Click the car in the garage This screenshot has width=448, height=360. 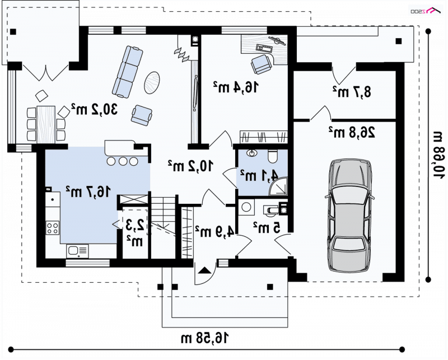[350, 216]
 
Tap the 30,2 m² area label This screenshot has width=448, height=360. [94, 109]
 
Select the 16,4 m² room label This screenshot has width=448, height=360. [236, 87]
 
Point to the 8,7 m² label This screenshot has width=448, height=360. [352, 92]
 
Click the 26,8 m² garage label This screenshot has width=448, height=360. [352, 132]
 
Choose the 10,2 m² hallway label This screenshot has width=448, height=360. [190, 166]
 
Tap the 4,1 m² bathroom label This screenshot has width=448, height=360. [259, 175]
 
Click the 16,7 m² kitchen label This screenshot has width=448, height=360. [88, 191]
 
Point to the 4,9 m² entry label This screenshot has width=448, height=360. [215, 231]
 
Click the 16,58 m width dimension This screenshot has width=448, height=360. [205, 338]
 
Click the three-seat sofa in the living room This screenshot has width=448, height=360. [128, 72]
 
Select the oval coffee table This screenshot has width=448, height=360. [152, 82]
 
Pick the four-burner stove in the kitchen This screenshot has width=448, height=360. [53, 228]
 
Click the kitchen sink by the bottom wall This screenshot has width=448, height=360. [77, 251]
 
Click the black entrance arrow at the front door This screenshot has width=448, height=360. [205, 270]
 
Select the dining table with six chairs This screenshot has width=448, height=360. [46, 124]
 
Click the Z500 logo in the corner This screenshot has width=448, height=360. [424, 11]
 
